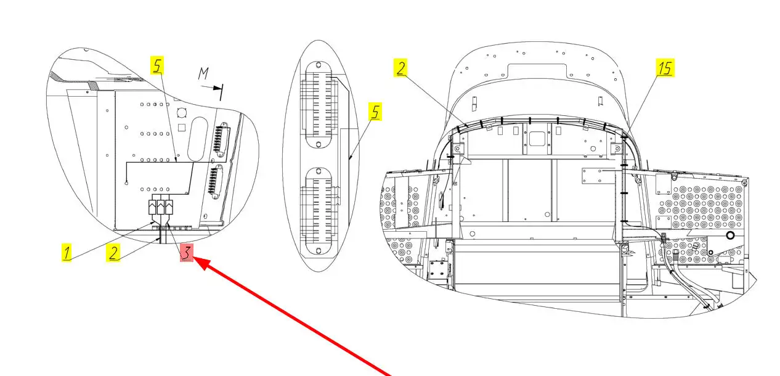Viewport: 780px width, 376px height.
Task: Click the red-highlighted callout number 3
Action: tap(187, 252)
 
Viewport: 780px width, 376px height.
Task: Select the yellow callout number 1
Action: tap(66, 252)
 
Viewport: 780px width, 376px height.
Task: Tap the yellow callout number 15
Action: tap(665, 68)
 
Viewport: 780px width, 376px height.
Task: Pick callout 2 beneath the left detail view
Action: tap(113, 253)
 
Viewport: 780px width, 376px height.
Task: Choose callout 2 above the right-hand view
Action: tap(401, 68)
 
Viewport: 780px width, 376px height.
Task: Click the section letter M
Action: tap(203, 75)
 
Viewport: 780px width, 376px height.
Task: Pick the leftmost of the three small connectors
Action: tap(153, 207)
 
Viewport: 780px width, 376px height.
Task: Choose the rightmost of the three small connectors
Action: tap(169, 207)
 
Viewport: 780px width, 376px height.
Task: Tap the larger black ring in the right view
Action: tap(731, 235)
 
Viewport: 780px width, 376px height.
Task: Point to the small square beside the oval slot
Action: tap(182, 128)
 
